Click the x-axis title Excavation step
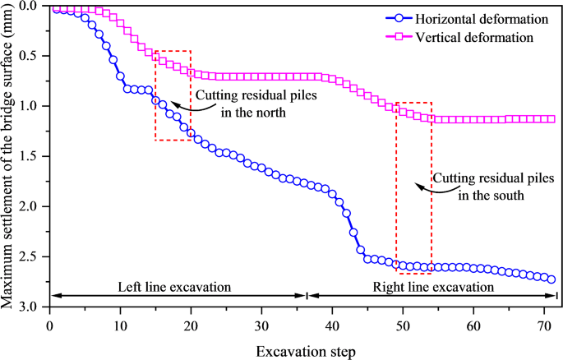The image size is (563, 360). point(305,351)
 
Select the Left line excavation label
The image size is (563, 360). point(174,287)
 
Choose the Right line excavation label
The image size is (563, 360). point(433,287)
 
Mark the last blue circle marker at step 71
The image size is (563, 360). point(551,279)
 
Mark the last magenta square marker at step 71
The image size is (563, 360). point(551,118)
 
